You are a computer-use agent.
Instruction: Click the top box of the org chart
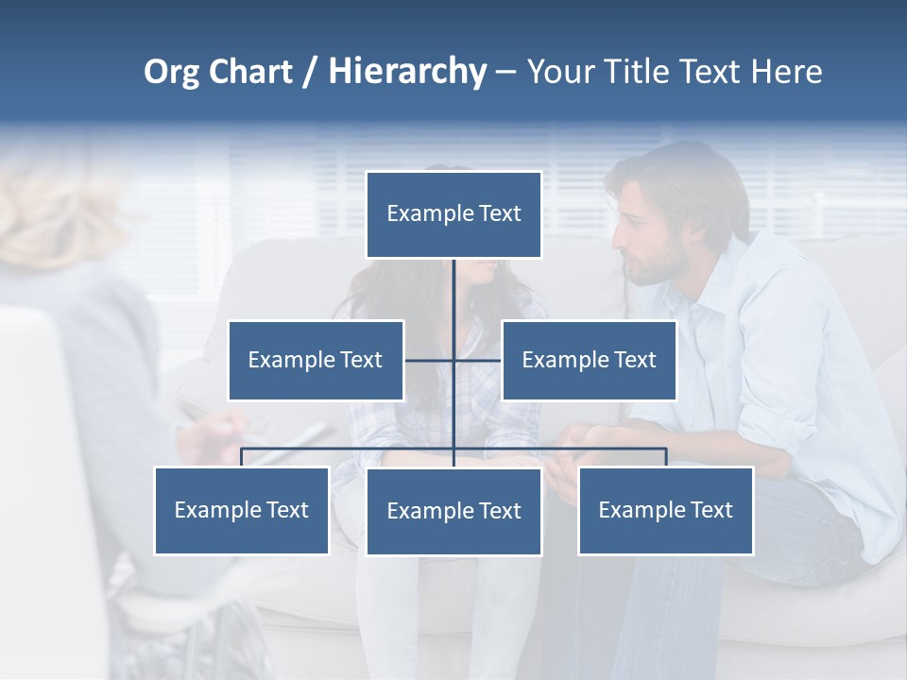tap(453, 214)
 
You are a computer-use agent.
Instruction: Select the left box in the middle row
tap(316, 360)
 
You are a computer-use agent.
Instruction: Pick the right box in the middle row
tap(589, 360)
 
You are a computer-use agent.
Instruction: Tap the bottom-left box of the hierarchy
tap(242, 510)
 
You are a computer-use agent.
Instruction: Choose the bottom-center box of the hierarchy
tap(453, 511)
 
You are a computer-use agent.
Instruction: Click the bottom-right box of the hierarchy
tap(665, 510)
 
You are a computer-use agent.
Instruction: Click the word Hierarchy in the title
tap(407, 72)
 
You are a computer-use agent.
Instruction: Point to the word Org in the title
tap(171, 72)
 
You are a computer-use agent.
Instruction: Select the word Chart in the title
tap(250, 72)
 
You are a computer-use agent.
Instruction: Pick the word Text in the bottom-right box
tap(711, 510)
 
